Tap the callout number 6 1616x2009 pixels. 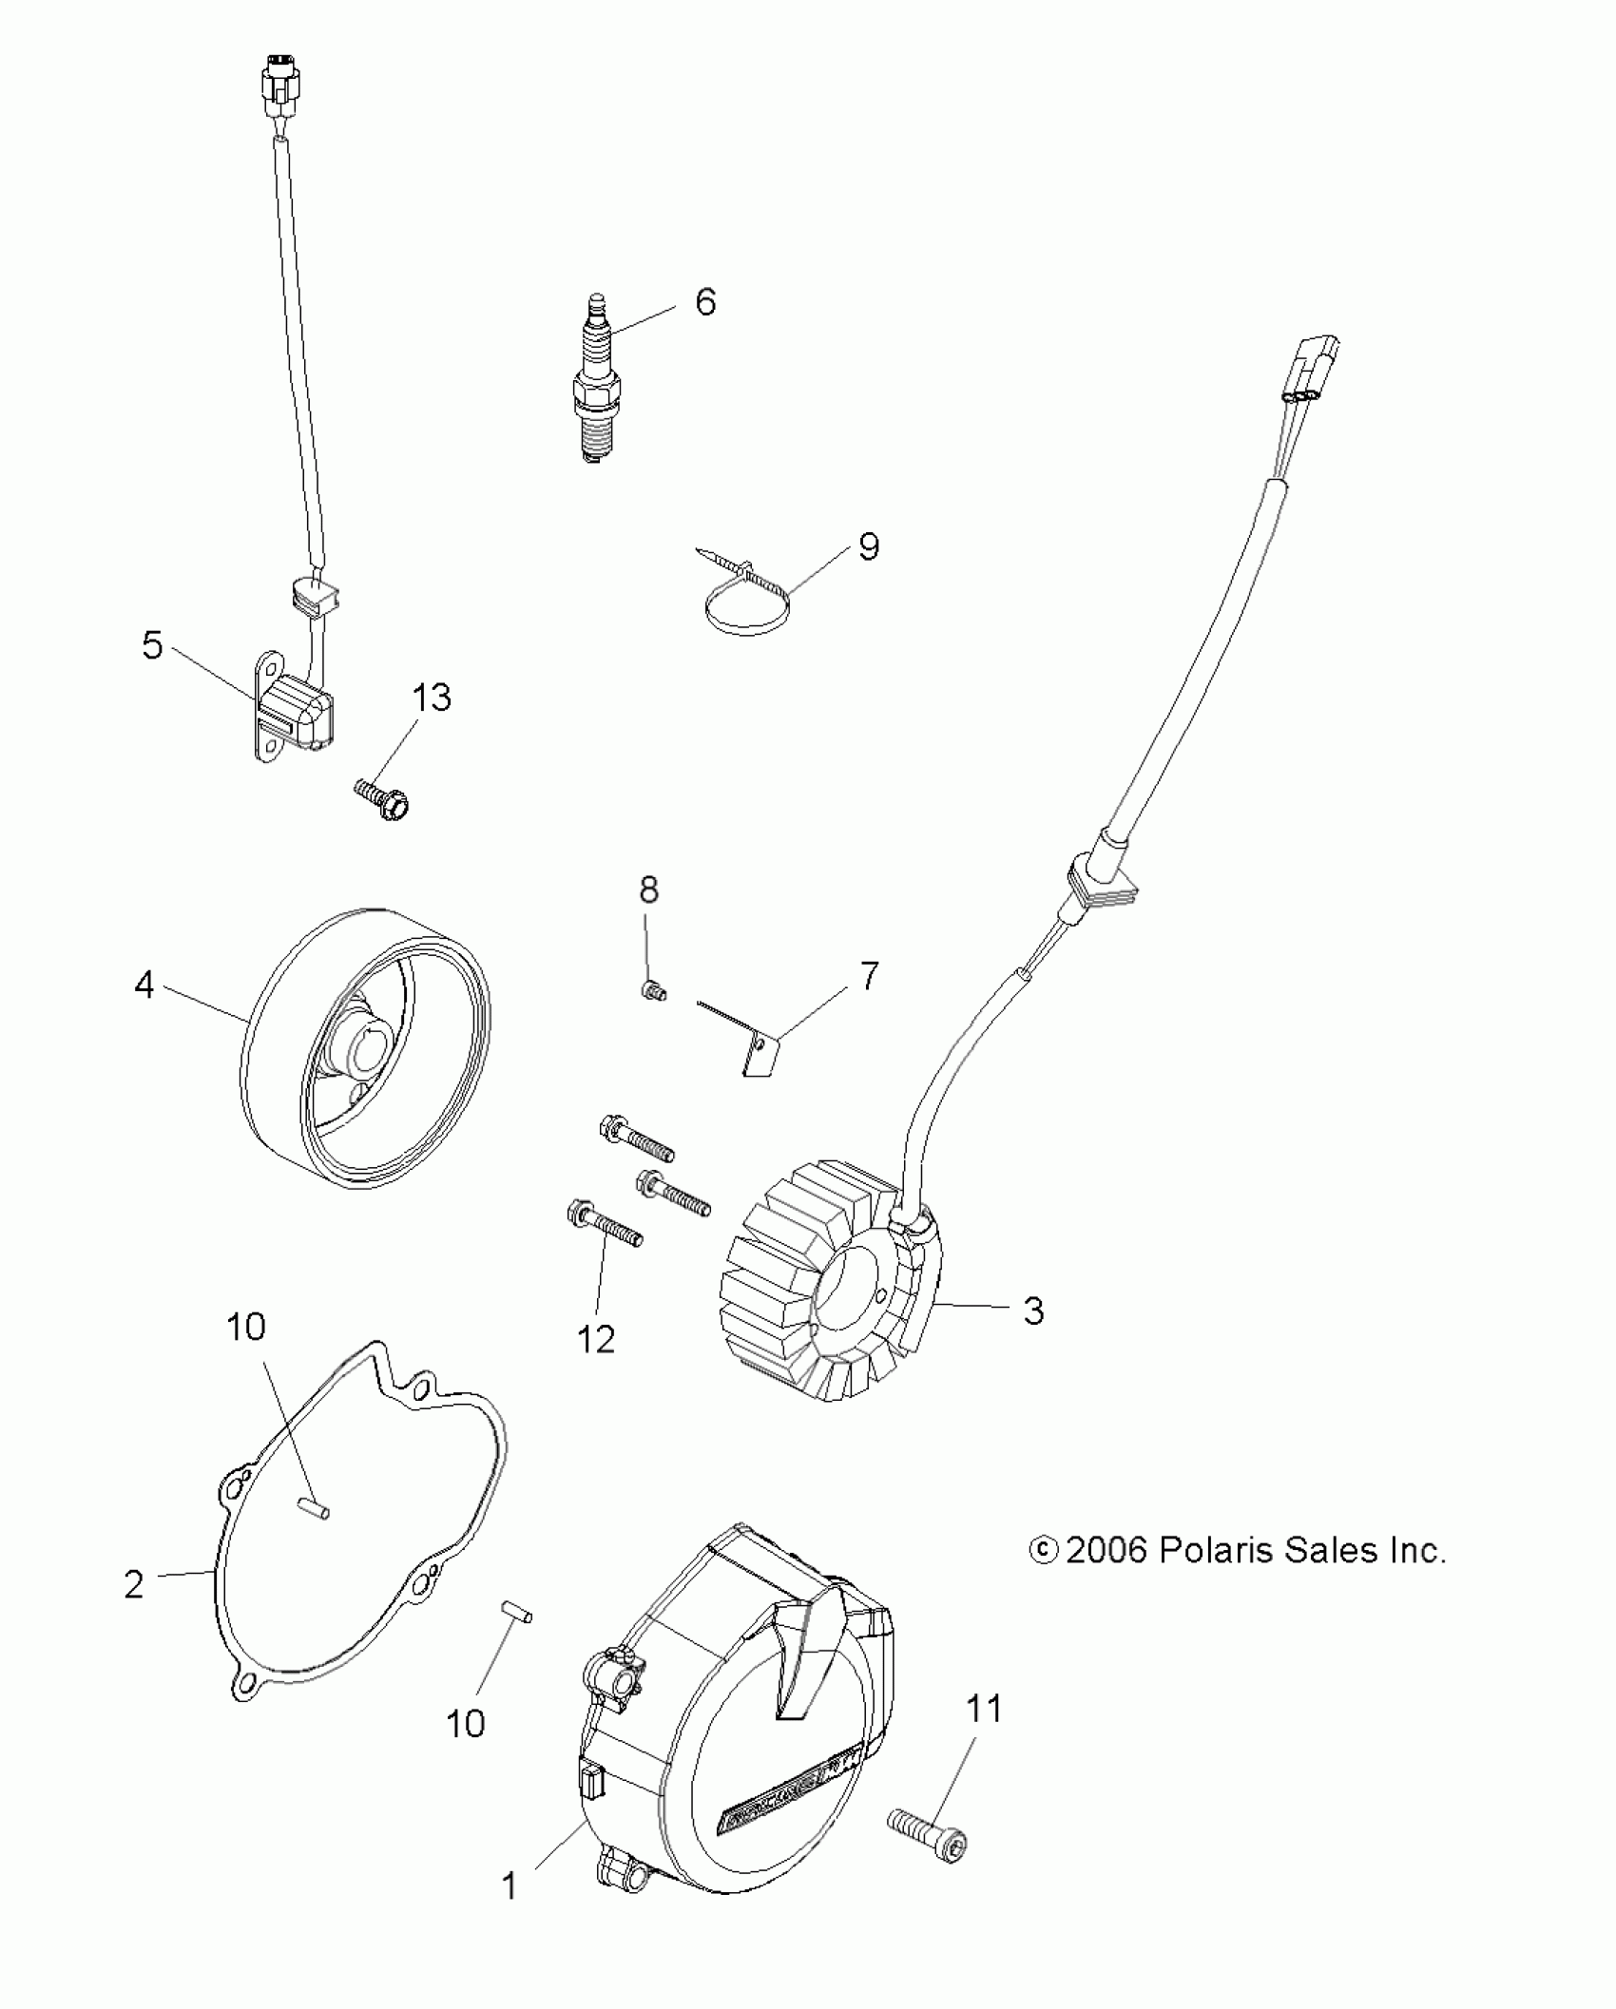click(704, 302)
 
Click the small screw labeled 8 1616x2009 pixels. click(653, 991)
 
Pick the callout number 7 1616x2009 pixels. click(869, 976)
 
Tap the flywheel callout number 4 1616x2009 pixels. click(144, 985)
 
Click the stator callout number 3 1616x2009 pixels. click(1033, 1311)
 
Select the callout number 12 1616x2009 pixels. click(596, 1340)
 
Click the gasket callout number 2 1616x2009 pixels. click(134, 1584)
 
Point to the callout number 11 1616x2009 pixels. click(984, 1709)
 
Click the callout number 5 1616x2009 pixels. click(152, 645)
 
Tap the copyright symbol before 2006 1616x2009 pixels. click(1043, 1551)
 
